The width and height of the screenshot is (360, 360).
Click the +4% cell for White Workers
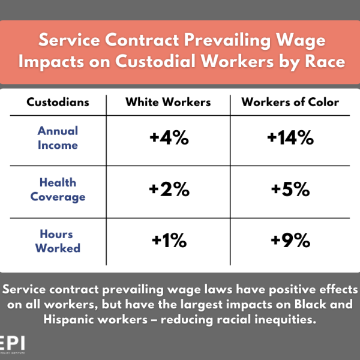169,139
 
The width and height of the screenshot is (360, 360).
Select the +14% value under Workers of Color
290,139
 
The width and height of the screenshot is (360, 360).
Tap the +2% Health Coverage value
169,190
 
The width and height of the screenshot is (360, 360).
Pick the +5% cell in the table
290,190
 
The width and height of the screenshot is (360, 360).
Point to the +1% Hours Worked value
169,241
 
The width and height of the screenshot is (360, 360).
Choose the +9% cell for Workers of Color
290,241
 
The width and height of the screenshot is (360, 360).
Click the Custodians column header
58,102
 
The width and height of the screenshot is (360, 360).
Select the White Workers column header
168,102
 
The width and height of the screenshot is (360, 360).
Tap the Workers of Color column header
290,102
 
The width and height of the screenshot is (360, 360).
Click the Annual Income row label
58,137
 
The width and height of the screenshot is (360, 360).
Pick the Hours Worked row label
58,241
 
